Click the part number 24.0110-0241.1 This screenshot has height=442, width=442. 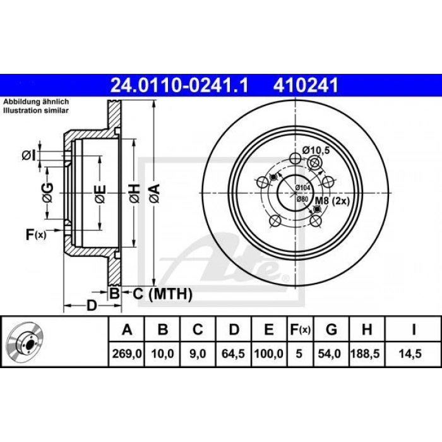click(179, 85)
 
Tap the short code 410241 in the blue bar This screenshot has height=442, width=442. click(305, 85)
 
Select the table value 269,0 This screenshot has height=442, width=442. click(126, 354)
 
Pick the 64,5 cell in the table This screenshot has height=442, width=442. click(233, 354)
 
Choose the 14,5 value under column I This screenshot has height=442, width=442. click(410, 354)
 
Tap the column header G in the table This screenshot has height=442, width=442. click(331, 329)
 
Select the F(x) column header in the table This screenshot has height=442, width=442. click(300, 329)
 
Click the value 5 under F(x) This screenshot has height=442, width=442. click(299, 354)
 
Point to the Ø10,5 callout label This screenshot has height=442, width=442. click(316, 150)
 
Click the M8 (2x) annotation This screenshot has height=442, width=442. click(332, 201)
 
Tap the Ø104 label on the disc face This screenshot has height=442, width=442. click(302, 188)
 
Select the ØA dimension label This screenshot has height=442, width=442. click(155, 193)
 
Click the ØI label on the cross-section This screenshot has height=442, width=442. click(29, 155)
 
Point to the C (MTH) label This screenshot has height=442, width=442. click(162, 294)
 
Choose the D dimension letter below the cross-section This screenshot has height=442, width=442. click(92, 306)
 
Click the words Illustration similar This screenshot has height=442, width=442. click(36, 110)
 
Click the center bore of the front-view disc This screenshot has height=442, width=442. click(295, 193)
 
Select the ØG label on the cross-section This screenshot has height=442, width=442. click(47, 193)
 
